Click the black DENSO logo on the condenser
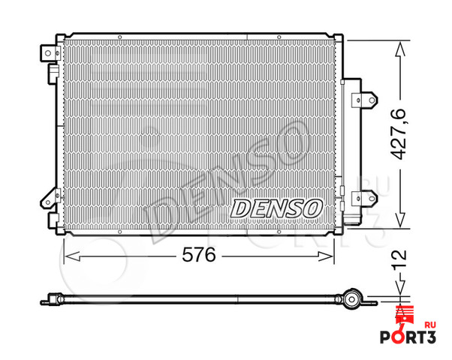click(276, 207)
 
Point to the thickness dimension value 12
click(402, 263)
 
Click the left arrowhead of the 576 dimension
click(68, 256)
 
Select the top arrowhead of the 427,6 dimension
click(402, 43)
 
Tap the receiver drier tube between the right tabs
click(348, 150)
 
